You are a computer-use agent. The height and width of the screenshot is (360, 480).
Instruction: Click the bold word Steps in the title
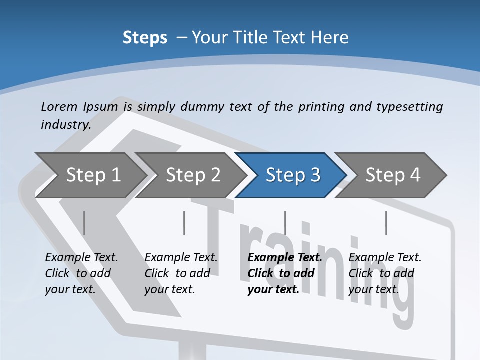pyautogui.click(x=145, y=38)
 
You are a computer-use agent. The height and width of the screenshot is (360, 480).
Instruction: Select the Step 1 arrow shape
pyautogui.click(x=93, y=175)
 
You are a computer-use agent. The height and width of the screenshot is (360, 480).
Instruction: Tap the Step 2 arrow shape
pyautogui.click(x=193, y=175)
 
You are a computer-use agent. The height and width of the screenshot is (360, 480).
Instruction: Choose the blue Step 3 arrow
pyautogui.click(x=293, y=175)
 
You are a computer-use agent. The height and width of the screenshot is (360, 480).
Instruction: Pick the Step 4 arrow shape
pyautogui.click(x=393, y=175)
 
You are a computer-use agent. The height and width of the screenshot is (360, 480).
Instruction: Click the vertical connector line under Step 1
pyautogui.click(x=84, y=223)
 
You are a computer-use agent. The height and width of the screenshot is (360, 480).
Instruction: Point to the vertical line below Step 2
pyautogui.click(x=184, y=223)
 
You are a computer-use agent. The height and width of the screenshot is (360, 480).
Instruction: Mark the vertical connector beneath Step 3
pyautogui.click(x=285, y=223)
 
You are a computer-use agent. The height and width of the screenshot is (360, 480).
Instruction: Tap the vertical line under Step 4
pyautogui.click(x=386, y=223)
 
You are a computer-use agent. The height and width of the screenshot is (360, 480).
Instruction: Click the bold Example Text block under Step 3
pyautogui.click(x=285, y=273)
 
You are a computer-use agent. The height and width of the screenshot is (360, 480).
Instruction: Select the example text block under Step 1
pyautogui.click(x=81, y=273)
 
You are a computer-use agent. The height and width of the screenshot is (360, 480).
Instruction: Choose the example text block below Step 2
pyautogui.click(x=181, y=273)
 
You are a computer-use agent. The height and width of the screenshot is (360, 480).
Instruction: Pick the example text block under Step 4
pyautogui.click(x=385, y=273)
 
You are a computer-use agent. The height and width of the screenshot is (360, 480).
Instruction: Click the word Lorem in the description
pyautogui.click(x=59, y=106)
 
